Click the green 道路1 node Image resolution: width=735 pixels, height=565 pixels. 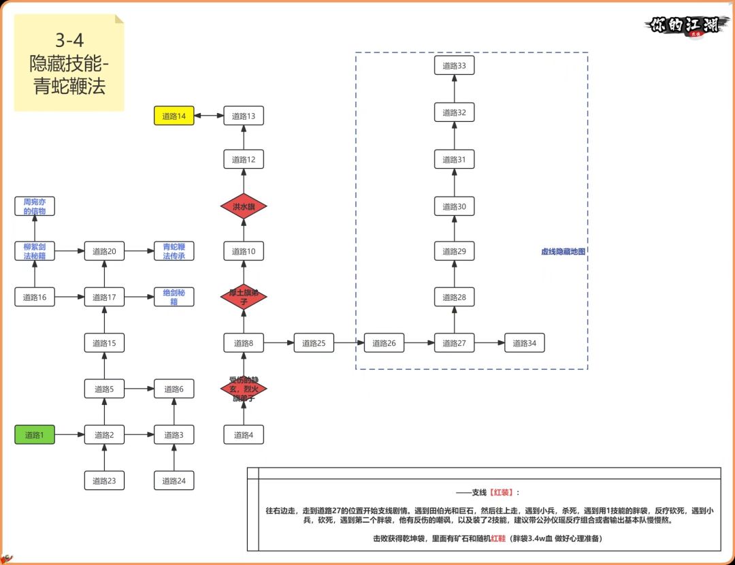click(35, 434)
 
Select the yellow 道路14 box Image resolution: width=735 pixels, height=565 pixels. click(174, 116)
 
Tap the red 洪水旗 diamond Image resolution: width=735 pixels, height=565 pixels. click(244, 206)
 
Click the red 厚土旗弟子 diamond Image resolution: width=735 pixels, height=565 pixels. click(244, 297)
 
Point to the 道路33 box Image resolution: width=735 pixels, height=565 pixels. click(454, 65)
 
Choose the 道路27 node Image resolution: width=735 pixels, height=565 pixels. click(454, 343)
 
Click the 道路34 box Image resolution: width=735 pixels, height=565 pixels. click(524, 343)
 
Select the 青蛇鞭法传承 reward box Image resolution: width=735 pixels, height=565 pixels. click(174, 251)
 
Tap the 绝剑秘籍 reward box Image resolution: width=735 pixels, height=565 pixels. click(174, 297)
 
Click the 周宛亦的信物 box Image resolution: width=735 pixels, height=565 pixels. click(35, 206)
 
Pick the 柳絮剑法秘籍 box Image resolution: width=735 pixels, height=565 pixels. click(35, 251)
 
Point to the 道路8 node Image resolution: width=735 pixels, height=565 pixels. click(244, 343)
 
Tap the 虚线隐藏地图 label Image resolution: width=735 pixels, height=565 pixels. click(563, 251)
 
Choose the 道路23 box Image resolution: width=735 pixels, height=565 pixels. click(104, 481)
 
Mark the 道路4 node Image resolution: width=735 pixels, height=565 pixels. click(244, 434)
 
